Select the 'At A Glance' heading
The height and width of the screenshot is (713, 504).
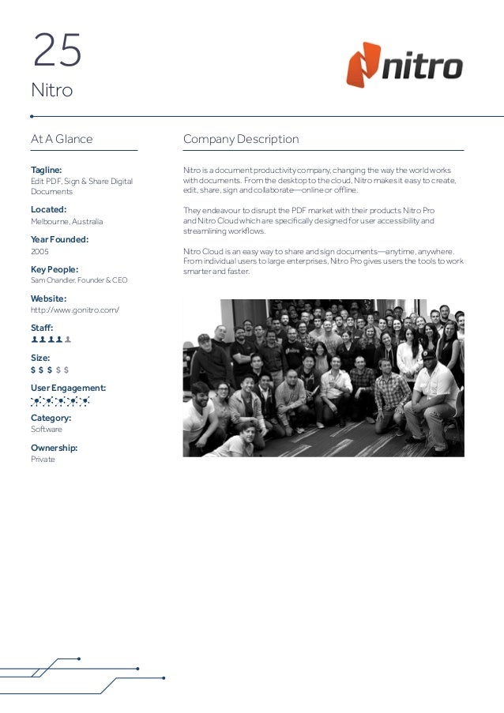(62, 140)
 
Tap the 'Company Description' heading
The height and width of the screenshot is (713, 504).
(241, 140)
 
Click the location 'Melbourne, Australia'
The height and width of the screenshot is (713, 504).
(66, 222)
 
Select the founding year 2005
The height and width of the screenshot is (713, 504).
(40, 251)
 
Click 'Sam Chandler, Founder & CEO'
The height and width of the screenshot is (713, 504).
(79, 280)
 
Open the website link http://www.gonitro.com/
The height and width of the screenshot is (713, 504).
(75, 310)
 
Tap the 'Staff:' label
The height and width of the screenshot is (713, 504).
(42, 328)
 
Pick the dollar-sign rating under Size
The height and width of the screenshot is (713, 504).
(50, 370)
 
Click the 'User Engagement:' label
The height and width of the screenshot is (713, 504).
(68, 388)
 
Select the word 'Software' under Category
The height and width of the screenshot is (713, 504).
(47, 430)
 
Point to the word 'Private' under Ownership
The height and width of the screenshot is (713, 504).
(43, 460)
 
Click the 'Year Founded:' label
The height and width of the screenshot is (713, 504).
(59, 239)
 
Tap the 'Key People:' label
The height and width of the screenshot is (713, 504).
(54, 269)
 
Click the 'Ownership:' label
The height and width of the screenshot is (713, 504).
(54, 448)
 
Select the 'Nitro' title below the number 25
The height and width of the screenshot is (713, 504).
(51, 92)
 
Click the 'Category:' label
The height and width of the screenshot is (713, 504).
(51, 418)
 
